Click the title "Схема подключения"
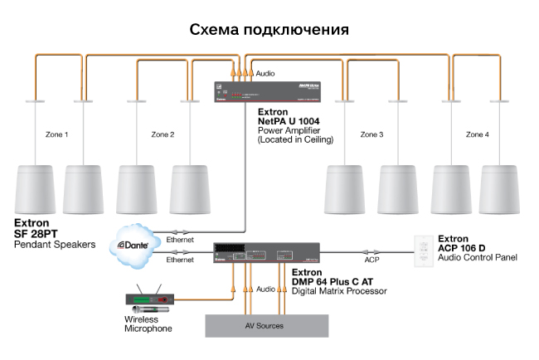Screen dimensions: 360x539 click(269, 29)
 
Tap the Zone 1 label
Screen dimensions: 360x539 click(56, 134)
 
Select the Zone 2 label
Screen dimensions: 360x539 click(163, 134)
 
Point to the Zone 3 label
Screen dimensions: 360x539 click(371, 134)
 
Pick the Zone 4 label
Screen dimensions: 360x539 click(478, 134)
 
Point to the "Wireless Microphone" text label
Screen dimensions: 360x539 click(148, 324)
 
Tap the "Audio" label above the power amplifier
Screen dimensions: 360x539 click(265, 74)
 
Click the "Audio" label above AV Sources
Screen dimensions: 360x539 click(265, 289)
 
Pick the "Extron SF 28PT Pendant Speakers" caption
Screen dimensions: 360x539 click(55, 234)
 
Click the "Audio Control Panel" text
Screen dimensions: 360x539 click(477, 258)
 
